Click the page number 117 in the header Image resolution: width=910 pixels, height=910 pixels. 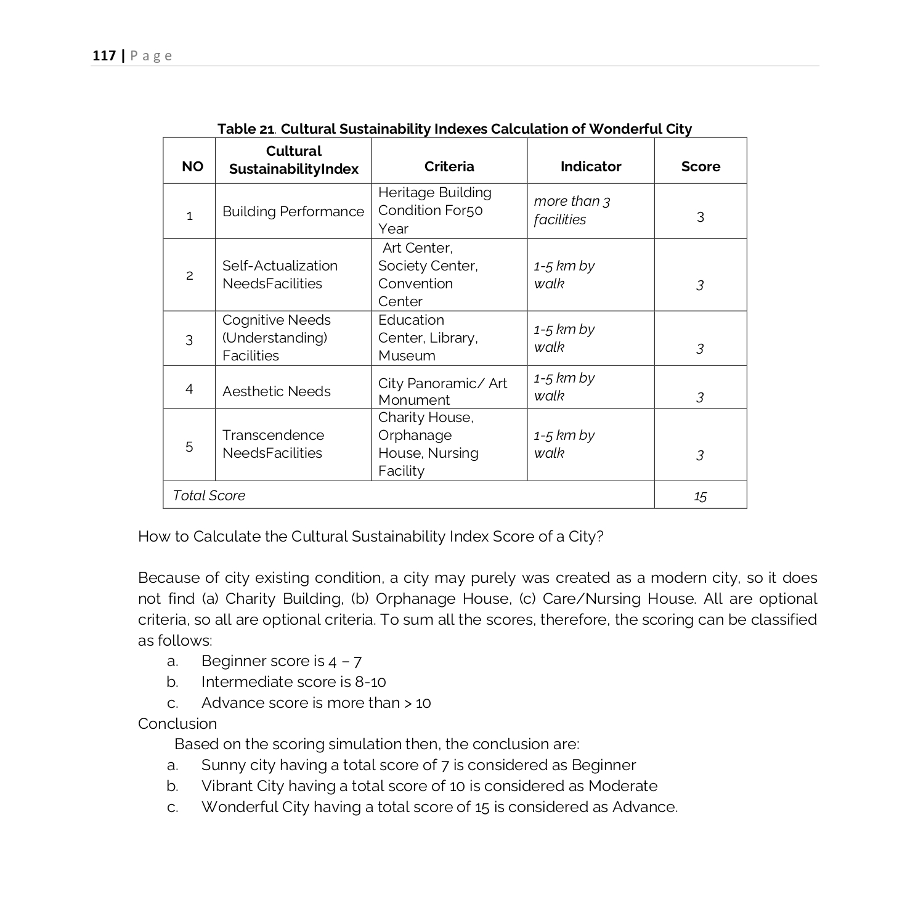click(104, 56)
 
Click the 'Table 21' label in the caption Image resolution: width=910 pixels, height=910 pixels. click(245, 129)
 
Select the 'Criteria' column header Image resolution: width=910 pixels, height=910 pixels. click(449, 166)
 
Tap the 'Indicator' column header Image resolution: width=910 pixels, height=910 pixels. click(590, 166)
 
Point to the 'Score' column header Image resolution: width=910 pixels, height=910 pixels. click(700, 166)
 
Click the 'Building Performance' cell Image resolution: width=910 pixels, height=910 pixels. click(293, 211)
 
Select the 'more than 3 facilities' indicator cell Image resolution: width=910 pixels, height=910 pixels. click(571, 210)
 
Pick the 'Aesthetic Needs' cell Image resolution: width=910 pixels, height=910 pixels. click(276, 391)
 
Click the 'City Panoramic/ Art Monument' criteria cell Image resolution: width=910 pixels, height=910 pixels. click(442, 391)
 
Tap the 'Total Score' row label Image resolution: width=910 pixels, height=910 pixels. click(209, 495)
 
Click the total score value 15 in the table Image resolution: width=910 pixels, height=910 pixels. click(700, 497)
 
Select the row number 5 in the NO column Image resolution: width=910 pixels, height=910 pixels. click(189, 446)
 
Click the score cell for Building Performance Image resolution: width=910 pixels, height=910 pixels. click(700, 217)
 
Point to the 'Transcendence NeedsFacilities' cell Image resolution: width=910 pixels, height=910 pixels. click(273, 444)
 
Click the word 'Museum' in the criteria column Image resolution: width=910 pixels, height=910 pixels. click(407, 355)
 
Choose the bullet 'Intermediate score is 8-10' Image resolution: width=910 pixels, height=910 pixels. click(293, 682)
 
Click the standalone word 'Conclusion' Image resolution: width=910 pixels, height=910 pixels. click(177, 723)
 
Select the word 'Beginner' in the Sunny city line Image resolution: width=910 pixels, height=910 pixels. click(603, 765)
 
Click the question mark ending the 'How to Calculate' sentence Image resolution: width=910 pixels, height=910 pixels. click(600, 537)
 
